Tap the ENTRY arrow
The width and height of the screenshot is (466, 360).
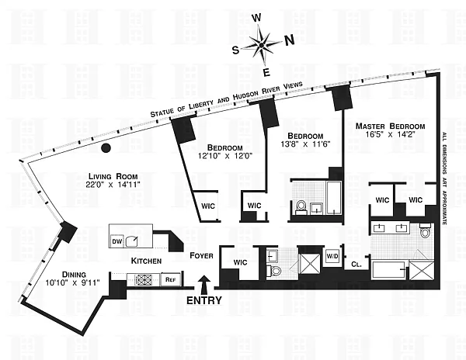[204, 286]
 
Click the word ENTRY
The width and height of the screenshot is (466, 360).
[203, 300]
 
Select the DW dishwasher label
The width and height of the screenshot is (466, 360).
[117, 241]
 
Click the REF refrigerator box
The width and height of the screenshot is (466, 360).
[170, 279]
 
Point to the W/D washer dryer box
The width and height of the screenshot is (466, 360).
[332, 256]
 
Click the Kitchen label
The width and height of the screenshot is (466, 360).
[146, 261]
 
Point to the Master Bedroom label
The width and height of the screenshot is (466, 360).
[390, 126]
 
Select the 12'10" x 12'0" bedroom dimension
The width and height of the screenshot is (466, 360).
[224, 157]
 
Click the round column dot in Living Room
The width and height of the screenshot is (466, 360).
[108, 147]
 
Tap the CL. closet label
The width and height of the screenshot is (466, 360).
[356, 264]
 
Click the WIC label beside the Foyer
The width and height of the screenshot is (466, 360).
[240, 262]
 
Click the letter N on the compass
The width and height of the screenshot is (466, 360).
[289, 40]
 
